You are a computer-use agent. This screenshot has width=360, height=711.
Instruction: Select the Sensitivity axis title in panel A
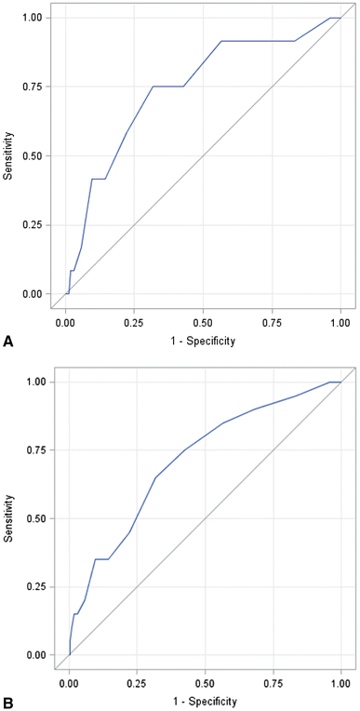(x=9, y=155)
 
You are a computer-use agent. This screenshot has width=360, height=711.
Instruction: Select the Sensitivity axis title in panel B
(x=9, y=518)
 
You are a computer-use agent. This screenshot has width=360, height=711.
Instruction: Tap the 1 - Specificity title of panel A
(x=203, y=341)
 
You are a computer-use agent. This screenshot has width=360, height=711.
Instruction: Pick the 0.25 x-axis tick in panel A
(x=134, y=322)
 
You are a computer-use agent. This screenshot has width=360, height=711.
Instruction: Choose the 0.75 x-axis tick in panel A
(x=272, y=322)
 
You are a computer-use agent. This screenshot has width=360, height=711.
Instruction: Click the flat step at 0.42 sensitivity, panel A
(x=99, y=179)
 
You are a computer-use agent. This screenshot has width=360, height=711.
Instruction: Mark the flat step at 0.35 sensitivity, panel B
(x=102, y=559)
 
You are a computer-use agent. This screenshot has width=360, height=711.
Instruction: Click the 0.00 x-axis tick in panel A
(x=65, y=322)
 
